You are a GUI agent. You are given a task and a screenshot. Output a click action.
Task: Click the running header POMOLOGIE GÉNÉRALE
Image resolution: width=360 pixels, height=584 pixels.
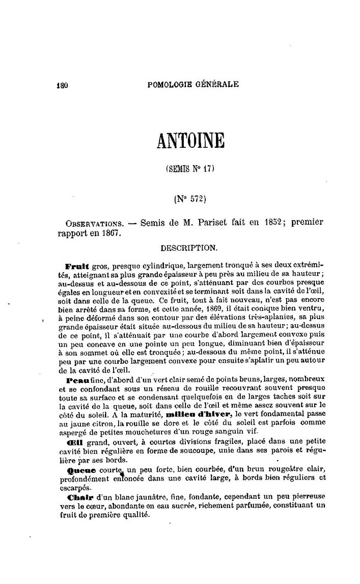coord(192,85)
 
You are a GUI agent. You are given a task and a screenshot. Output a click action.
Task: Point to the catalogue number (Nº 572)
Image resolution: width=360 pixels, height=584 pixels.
coord(191,199)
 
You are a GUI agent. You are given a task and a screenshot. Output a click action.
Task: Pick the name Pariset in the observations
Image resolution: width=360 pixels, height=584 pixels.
coord(219,223)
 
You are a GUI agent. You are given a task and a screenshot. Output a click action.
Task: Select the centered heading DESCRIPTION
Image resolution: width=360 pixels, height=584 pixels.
coord(189,249)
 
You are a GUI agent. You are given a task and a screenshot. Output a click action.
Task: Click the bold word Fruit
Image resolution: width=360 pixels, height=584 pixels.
coord(78,266)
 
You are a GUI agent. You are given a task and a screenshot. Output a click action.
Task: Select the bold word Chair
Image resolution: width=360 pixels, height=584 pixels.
coord(77,497)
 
